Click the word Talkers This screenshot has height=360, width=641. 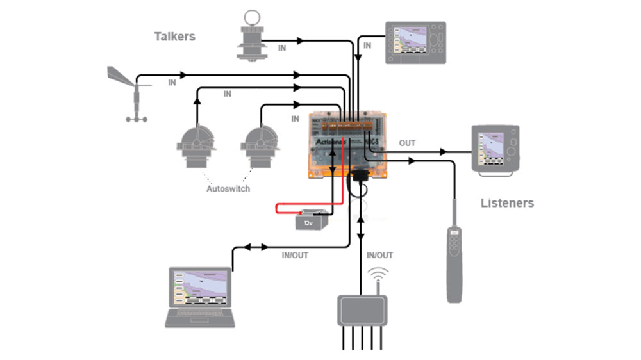click(x=174, y=37)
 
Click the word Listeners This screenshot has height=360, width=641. click(x=507, y=203)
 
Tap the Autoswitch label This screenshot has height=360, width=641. click(x=228, y=189)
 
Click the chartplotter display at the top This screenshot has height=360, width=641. click(x=415, y=43)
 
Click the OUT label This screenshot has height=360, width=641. click(x=408, y=143)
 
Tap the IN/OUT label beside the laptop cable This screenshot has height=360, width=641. click(x=295, y=255)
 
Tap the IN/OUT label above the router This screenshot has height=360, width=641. click(x=379, y=255)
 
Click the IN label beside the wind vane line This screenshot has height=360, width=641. click(x=172, y=83)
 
